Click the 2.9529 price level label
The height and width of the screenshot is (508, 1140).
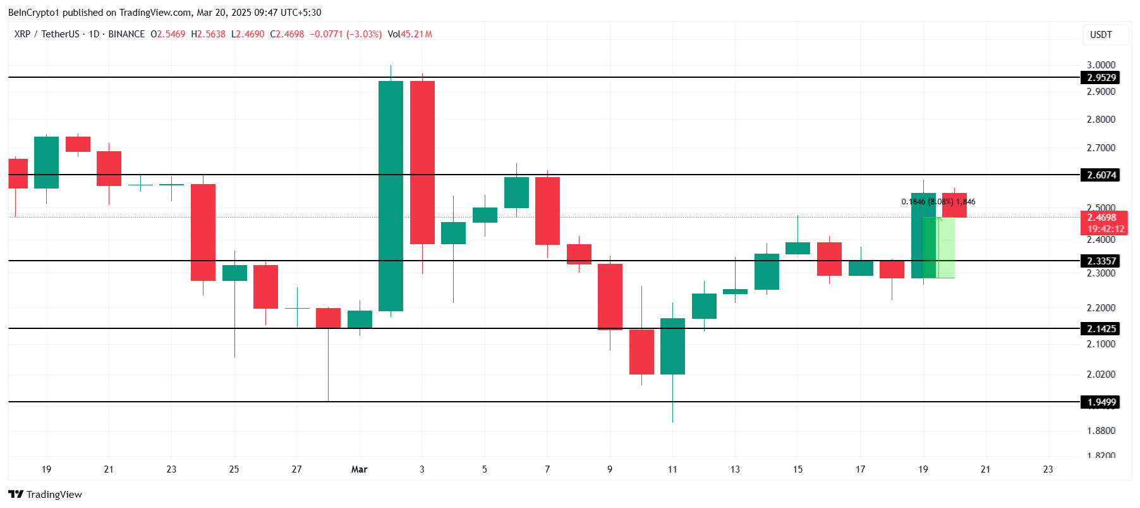pyautogui.click(x=1101, y=78)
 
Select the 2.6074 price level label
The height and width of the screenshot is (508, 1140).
pyautogui.click(x=1101, y=175)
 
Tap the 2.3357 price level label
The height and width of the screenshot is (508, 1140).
pyautogui.click(x=1101, y=261)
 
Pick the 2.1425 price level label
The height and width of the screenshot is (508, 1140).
pyautogui.click(x=1101, y=329)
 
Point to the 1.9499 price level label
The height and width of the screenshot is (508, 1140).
pyautogui.click(x=1101, y=402)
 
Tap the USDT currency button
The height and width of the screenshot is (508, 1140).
pyautogui.click(x=1101, y=35)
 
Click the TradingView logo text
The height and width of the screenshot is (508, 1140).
pyautogui.click(x=45, y=495)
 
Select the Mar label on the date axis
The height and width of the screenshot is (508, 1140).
pyautogui.click(x=359, y=469)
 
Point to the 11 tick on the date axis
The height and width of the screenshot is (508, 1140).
pyautogui.click(x=672, y=469)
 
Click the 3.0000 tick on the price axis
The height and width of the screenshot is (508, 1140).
pyautogui.click(x=1101, y=65)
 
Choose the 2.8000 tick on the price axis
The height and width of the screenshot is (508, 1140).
pyautogui.click(x=1101, y=119)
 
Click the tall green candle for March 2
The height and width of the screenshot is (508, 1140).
pyautogui.click(x=391, y=196)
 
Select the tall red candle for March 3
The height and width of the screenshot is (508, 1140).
pyautogui.click(x=422, y=163)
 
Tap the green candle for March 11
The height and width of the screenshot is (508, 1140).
pyautogui.click(x=672, y=346)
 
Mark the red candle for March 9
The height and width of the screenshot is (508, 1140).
pyautogui.click(x=610, y=297)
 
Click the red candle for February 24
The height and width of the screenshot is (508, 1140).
pyautogui.click(x=203, y=232)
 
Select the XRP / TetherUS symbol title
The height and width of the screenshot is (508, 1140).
pyautogui.click(x=47, y=34)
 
